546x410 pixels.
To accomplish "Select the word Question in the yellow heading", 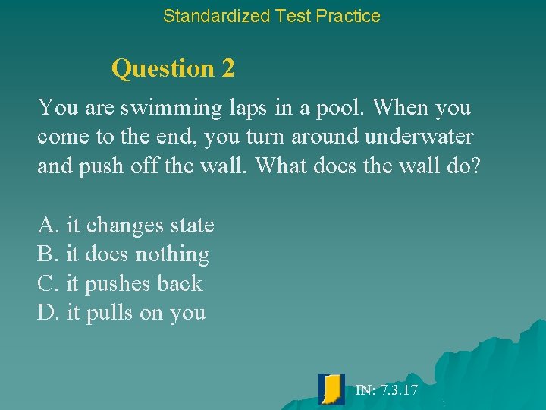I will pos(163,68).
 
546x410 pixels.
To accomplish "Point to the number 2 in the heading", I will pos(228,68).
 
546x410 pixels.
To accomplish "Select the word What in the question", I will pos(281,166).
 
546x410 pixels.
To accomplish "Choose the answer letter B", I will pos(47,254).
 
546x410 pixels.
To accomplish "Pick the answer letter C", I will pos(47,284).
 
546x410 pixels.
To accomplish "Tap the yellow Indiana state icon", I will pos(331,389).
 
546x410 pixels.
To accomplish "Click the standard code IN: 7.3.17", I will pos(386,390).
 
